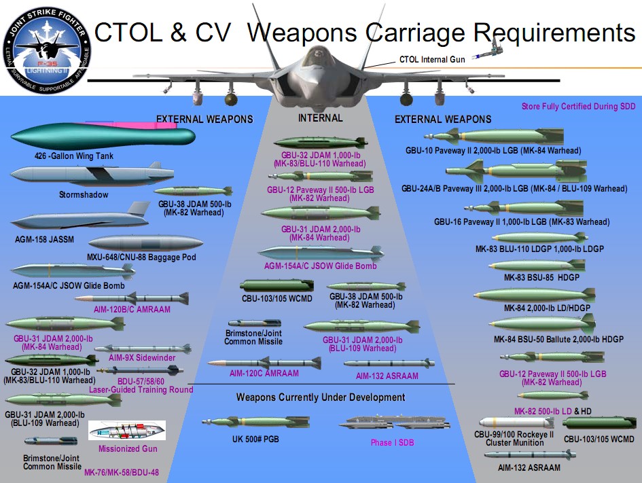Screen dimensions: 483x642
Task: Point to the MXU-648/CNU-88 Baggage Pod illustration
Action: [x=145, y=243]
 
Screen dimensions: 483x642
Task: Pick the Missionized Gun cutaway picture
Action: [x=127, y=431]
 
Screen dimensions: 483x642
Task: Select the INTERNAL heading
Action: [x=321, y=118]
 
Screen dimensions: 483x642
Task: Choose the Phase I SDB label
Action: [x=392, y=443]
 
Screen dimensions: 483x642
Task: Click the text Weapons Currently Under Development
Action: [x=321, y=397]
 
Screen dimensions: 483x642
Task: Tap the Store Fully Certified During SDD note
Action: [x=578, y=107]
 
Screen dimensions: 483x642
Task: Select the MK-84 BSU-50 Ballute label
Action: [x=549, y=340]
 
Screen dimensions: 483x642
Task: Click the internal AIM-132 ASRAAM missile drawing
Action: [x=388, y=363]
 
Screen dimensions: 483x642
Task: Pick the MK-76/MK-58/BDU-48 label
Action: [x=122, y=471]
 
